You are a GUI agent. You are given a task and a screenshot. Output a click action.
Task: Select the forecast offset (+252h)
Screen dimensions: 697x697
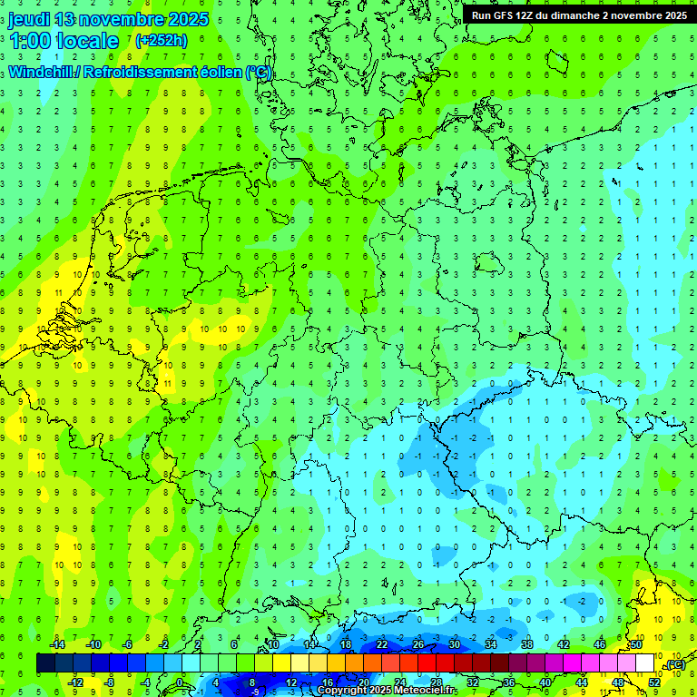click(161, 41)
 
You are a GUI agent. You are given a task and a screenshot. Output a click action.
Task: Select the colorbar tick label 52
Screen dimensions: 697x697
click(654, 682)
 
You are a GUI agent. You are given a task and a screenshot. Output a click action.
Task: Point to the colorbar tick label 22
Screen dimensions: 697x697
click(382, 644)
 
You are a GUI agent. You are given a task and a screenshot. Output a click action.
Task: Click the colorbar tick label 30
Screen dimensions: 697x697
click(455, 644)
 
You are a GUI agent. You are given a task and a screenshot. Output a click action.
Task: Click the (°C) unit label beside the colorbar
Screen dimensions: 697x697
click(674, 664)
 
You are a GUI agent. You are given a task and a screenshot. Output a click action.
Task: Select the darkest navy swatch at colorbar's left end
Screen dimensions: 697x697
click(45, 663)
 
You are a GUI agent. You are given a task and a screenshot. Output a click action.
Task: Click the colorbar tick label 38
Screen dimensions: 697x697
click(527, 644)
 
